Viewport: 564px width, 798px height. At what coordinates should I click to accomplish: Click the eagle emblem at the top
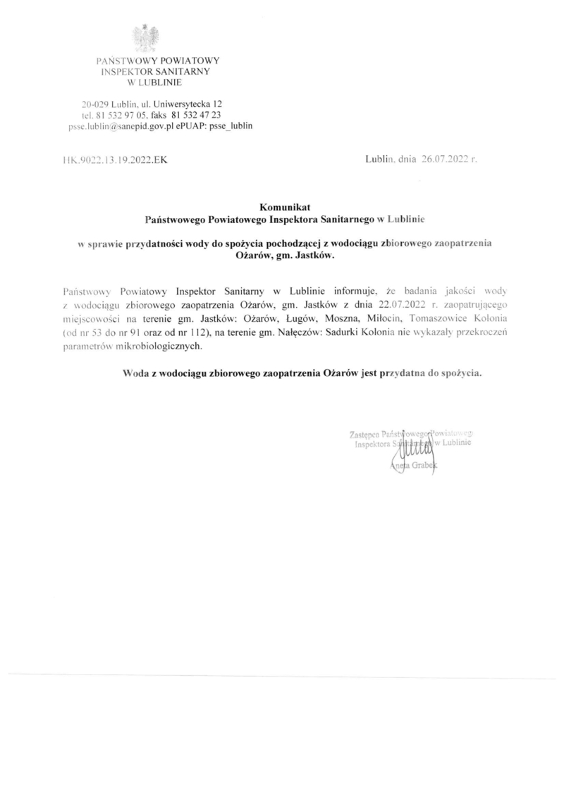(148, 38)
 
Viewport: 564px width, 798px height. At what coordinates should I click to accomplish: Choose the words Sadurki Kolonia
(360, 332)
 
